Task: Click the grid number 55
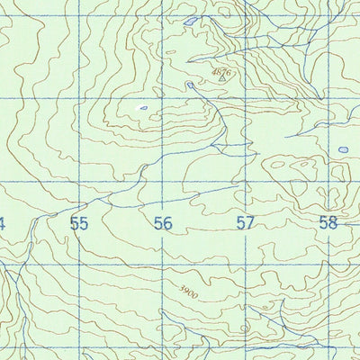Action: point(79,223)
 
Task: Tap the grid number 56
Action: point(162,223)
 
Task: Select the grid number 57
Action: point(245,223)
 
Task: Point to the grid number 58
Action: point(328,223)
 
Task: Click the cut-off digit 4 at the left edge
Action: point(3,223)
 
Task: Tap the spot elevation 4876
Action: point(221,71)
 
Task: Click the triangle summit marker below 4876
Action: point(222,79)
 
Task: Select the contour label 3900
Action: point(187,292)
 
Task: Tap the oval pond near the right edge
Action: point(343,149)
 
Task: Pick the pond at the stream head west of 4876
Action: point(190,85)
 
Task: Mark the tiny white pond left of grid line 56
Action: point(141,109)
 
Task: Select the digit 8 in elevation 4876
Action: point(219,71)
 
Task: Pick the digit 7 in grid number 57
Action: point(249,223)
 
